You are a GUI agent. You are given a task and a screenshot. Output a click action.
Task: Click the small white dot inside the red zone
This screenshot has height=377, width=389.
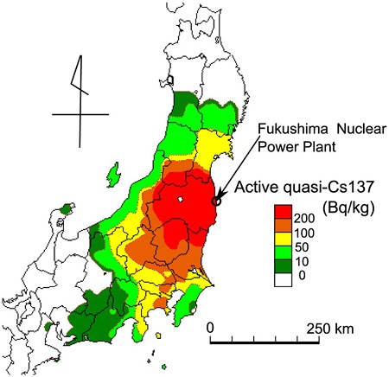click(181, 200)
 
